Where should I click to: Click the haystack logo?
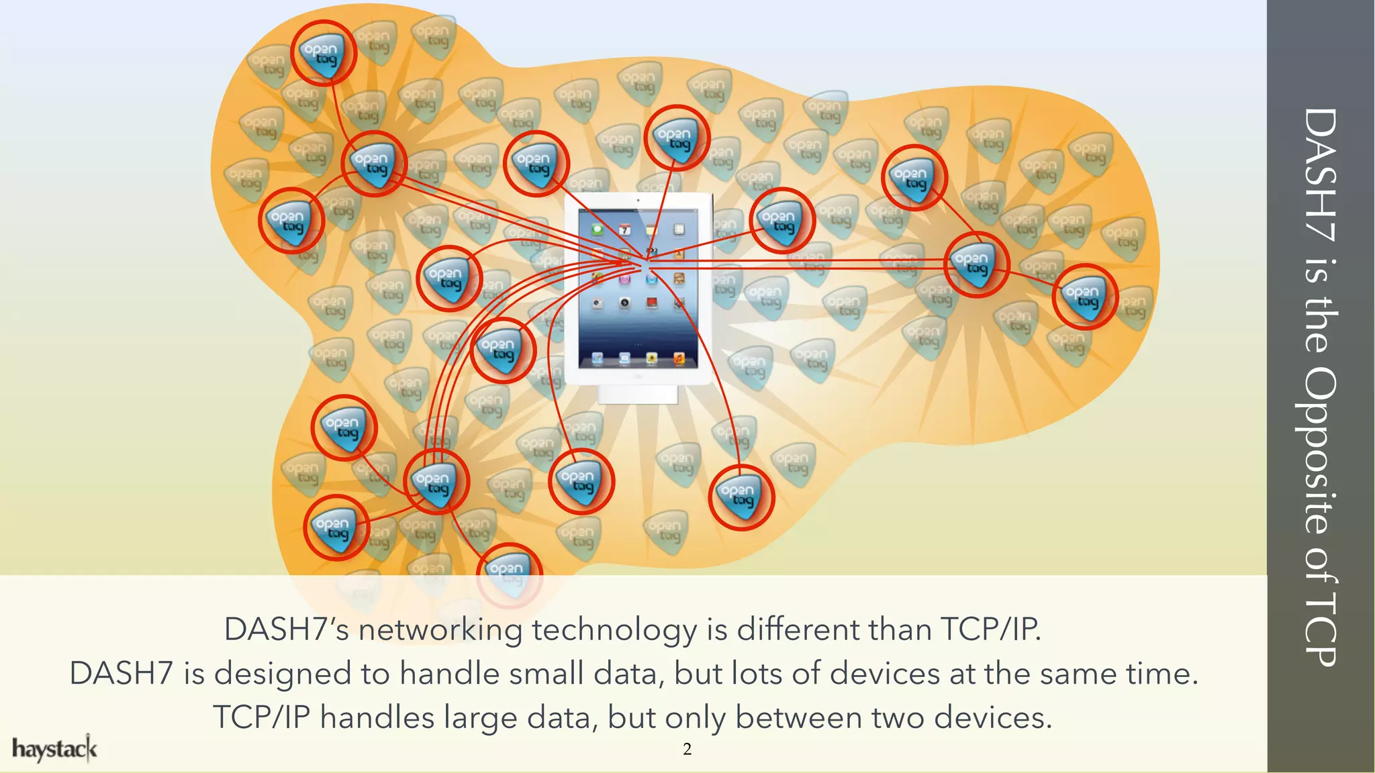pos(54,749)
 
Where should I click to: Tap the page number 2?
pos(687,750)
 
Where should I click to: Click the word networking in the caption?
pos(440,630)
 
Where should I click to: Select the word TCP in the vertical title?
pos(1320,627)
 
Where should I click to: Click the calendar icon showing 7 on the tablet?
pos(624,229)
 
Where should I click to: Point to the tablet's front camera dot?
pos(638,200)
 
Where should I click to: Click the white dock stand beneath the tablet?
pos(638,394)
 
